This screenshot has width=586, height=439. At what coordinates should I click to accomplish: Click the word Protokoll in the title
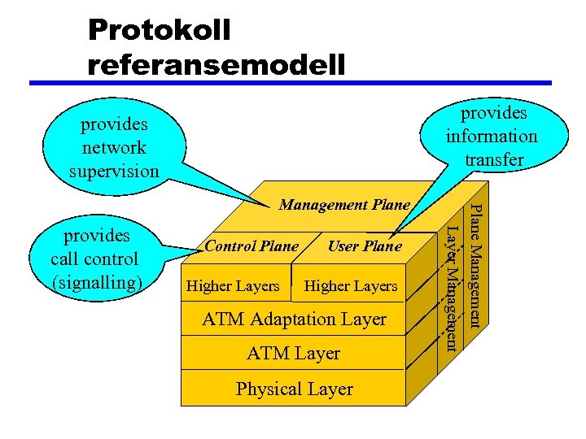click(x=160, y=30)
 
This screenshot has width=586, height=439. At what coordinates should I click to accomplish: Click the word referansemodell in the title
click(x=217, y=63)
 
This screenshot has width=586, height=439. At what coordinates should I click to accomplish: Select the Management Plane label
click(x=344, y=205)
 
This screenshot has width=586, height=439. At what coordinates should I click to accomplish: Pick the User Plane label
click(x=365, y=246)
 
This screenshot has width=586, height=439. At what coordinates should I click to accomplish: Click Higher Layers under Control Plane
click(x=233, y=285)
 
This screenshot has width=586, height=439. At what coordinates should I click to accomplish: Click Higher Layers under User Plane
click(x=350, y=285)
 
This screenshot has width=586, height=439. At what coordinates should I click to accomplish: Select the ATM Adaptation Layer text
click(x=294, y=319)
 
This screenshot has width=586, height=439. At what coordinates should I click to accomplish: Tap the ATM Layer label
click(x=294, y=354)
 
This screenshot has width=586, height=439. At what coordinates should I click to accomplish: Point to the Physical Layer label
click(x=294, y=389)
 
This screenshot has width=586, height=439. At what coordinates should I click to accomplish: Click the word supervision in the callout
click(x=114, y=171)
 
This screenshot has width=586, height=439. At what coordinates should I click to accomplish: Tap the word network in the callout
click(x=114, y=148)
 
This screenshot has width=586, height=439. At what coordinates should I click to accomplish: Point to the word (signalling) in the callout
click(x=96, y=282)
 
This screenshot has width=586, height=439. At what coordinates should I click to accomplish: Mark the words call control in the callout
click(x=95, y=259)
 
